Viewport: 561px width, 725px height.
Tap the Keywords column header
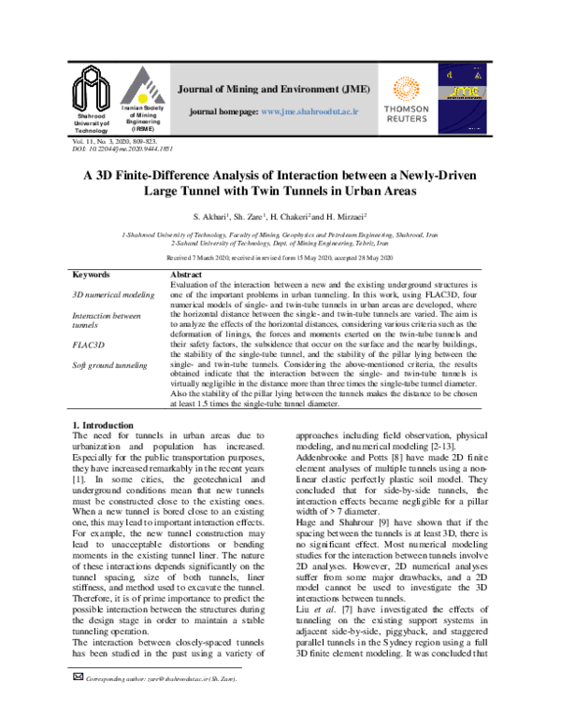pos(91,276)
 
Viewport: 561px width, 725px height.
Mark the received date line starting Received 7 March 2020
pos(280,256)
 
